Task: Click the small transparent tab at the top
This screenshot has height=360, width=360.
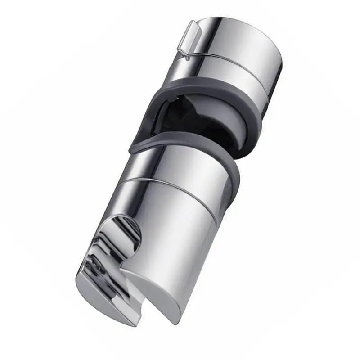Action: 191,40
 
